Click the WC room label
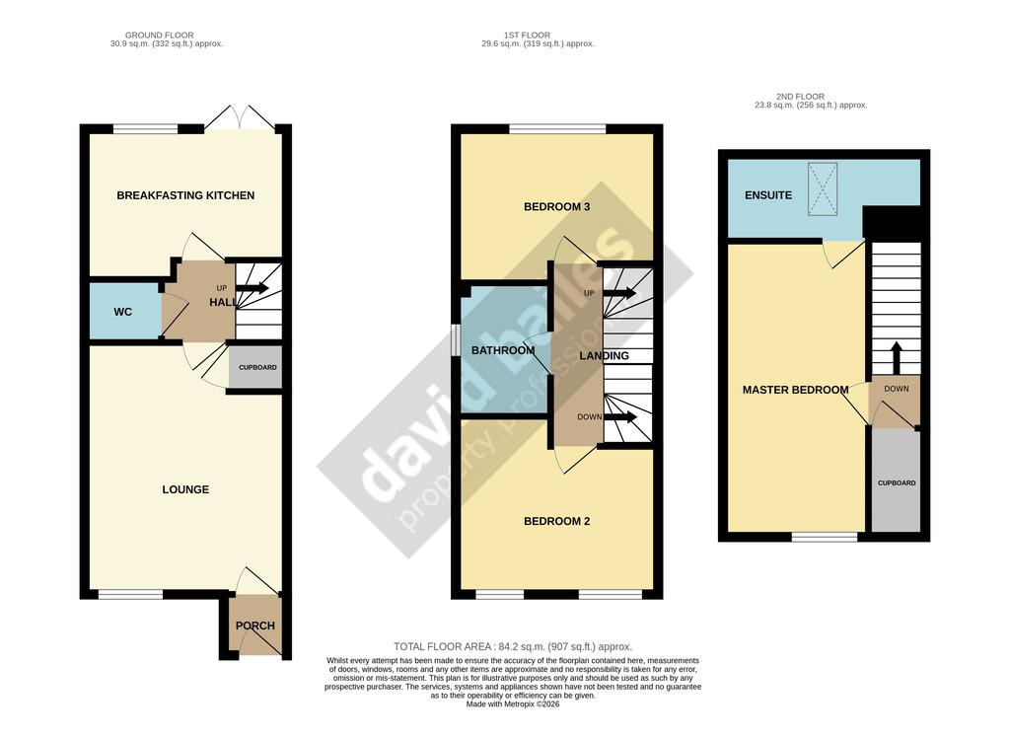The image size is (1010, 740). pyautogui.click(x=123, y=312)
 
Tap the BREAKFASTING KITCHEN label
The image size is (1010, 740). pyautogui.click(x=185, y=195)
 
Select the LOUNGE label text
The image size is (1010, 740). pyautogui.click(x=185, y=490)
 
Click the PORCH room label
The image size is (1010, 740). pyautogui.click(x=255, y=626)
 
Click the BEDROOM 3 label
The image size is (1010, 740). pyautogui.click(x=557, y=207)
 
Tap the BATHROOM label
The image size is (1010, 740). pyautogui.click(x=503, y=350)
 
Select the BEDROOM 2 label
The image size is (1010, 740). pyautogui.click(x=557, y=522)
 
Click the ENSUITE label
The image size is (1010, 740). pyautogui.click(x=768, y=195)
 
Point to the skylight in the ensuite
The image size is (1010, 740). pyautogui.click(x=823, y=188)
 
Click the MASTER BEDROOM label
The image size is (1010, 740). pyautogui.click(x=796, y=390)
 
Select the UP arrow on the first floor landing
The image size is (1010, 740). pyautogui.click(x=619, y=294)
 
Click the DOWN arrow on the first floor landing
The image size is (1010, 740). pyautogui.click(x=620, y=417)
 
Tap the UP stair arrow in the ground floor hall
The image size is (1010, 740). pyautogui.click(x=252, y=288)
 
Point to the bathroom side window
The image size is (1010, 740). pyautogui.click(x=456, y=339)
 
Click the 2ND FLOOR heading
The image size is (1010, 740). pyautogui.click(x=800, y=97)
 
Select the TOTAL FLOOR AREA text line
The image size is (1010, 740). pyautogui.click(x=513, y=646)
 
